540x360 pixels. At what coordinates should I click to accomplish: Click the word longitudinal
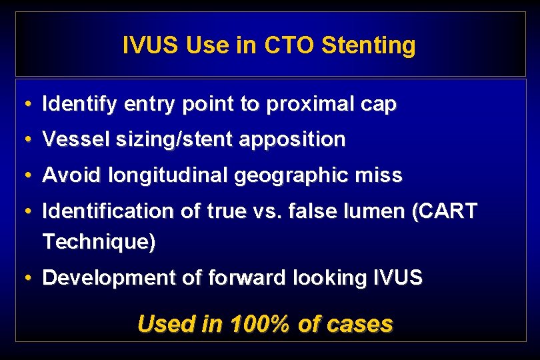coord(158,175)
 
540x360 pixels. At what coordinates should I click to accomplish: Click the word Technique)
coord(99,242)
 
